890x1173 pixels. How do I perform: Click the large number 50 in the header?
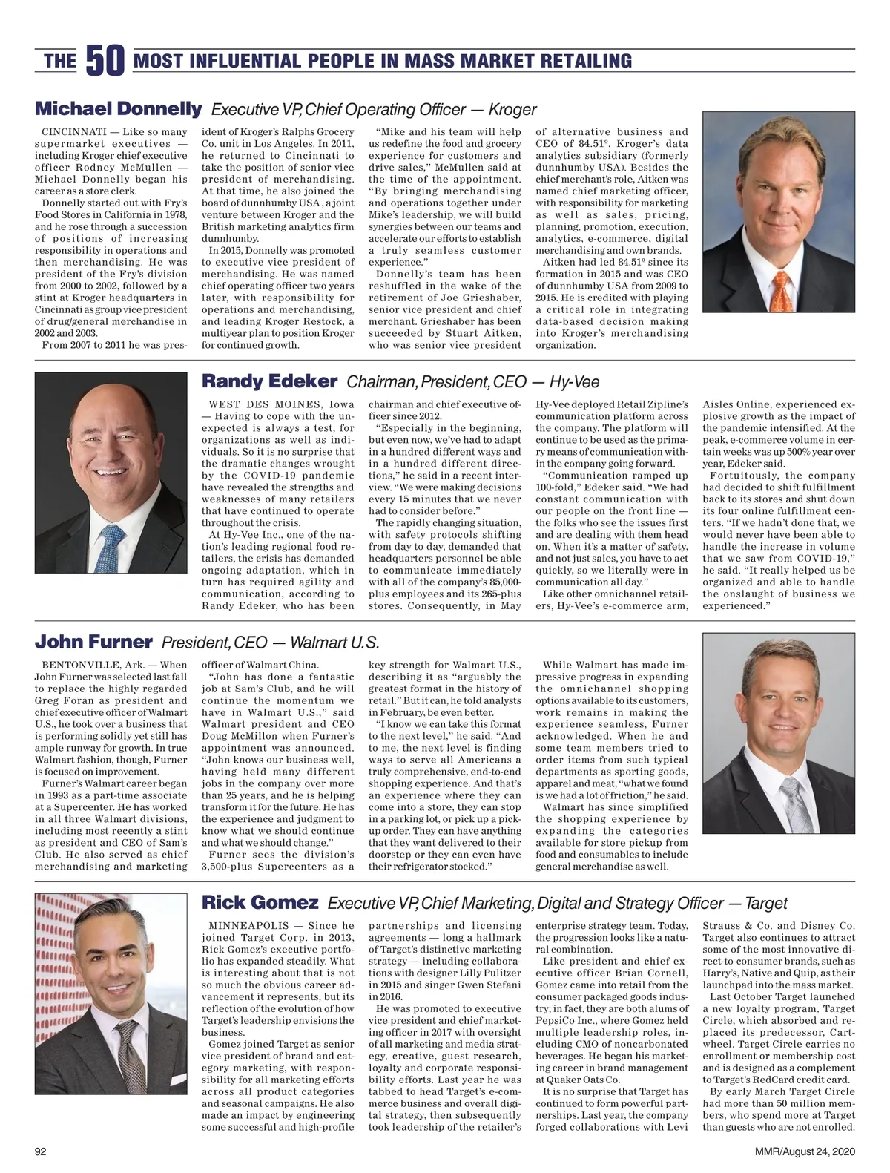(x=105, y=61)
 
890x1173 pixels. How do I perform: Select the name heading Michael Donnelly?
(x=118, y=109)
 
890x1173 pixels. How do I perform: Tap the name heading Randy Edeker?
(x=270, y=381)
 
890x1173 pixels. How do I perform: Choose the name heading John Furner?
(x=93, y=642)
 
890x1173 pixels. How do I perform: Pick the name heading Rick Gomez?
(x=260, y=903)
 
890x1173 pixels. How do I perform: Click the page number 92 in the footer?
(x=42, y=1151)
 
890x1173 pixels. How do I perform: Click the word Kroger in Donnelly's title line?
(x=512, y=110)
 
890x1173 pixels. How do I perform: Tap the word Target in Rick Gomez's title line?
(x=766, y=904)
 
